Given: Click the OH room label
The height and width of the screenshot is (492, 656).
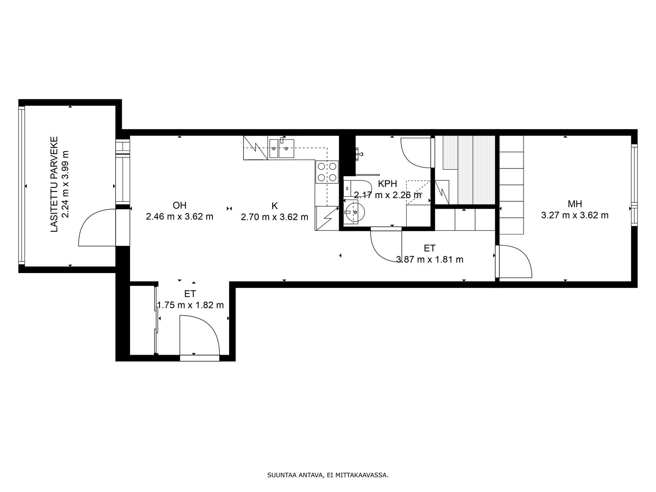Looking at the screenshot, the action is (179, 205).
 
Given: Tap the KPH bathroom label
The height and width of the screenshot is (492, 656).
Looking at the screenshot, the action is (387, 183).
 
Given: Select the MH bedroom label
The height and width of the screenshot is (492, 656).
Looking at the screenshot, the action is (575, 204).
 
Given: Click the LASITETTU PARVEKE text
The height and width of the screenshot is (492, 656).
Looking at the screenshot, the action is (54, 184).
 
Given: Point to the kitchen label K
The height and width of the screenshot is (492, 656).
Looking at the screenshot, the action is (274, 206).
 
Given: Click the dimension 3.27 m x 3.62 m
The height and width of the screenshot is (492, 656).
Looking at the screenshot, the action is (575, 215).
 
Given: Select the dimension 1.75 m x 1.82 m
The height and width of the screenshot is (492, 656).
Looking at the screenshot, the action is (190, 305).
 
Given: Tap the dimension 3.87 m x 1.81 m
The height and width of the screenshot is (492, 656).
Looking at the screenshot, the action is (429, 259).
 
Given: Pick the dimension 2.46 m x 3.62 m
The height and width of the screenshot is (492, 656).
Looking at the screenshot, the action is (179, 216).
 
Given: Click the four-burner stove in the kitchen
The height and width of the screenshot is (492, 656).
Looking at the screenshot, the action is (327, 172).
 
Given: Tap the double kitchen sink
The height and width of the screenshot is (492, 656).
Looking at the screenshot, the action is (281, 148).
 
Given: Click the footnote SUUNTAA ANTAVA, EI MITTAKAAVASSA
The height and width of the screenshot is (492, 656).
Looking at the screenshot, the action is (328, 475).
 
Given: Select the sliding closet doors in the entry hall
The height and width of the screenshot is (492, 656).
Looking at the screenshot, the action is (156, 320).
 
